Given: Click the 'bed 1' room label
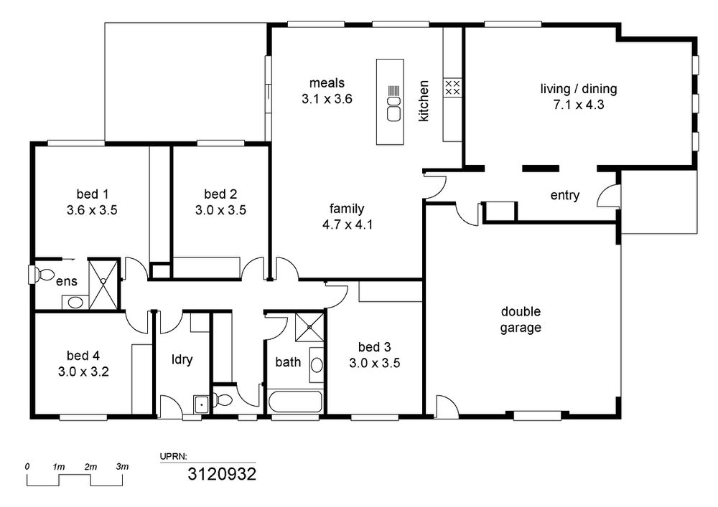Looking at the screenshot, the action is (93, 194).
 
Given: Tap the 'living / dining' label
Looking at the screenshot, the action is (579, 89).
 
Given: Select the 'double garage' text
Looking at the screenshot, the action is (521, 320).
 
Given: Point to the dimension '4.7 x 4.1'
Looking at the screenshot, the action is (347, 224).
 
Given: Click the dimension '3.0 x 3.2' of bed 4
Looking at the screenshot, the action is (83, 371).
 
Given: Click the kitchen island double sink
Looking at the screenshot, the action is (393, 109).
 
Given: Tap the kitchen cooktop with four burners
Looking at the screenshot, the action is (452, 87).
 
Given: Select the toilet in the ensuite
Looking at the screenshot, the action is (42, 275).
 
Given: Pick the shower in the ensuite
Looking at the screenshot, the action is (103, 284).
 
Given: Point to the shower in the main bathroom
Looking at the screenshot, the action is (309, 327).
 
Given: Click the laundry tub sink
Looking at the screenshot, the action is (201, 404).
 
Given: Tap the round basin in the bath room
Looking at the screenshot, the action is (317, 364).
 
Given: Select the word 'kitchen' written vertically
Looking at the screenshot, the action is (424, 101).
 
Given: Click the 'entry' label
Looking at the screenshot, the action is (565, 195).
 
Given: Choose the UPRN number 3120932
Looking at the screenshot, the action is (222, 474).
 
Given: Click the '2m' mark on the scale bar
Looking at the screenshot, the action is (90, 468).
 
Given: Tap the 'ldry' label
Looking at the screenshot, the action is (182, 359).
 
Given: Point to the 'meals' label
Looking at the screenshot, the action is (327, 83).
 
